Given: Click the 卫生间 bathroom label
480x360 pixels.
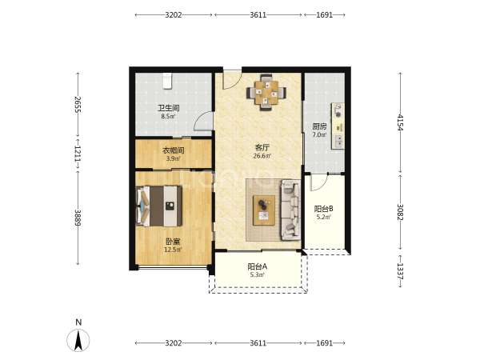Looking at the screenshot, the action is click(168, 108).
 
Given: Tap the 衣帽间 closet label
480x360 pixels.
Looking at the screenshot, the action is click(174, 150).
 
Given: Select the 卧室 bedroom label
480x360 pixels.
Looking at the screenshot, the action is click(174, 242).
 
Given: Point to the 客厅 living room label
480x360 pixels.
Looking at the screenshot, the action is click(262, 148).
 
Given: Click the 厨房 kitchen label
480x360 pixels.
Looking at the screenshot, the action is click(319, 126).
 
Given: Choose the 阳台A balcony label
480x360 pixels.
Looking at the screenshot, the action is click(257, 266).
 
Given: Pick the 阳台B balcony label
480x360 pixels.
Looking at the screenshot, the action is click(323, 209).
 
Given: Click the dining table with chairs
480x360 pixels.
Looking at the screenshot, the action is click(266, 92).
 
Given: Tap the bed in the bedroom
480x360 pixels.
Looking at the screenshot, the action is click(159, 206).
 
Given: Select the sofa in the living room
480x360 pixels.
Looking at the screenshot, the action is click(290, 210).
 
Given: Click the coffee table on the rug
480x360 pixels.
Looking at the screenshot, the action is click(264, 210).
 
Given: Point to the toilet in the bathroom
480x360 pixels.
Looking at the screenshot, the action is click(167, 81).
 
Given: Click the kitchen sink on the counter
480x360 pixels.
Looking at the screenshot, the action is click(338, 141).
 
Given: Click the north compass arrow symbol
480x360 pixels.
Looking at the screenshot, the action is click(78, 341).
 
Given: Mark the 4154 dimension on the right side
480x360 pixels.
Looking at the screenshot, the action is click(400, 122).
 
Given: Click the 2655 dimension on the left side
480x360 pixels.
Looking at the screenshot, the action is click(78, 104).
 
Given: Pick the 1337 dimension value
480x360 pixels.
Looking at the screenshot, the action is click(400, 271).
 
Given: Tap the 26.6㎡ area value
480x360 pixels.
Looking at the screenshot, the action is click(262, 156).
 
